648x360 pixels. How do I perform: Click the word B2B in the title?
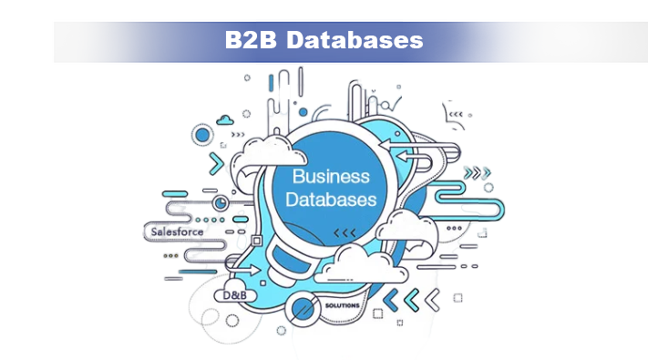point(248,40)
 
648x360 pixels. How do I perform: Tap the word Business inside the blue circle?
point(330,176)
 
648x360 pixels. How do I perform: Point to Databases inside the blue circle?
point(330,198)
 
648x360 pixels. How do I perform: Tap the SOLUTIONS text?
point(343,304)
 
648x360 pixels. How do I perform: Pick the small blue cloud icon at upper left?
point(223,118)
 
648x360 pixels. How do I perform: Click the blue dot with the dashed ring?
point(202,136)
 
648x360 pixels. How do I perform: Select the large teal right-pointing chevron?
point(217,164)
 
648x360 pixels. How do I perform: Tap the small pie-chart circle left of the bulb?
point(222,201)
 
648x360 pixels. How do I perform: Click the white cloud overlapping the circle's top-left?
point(257,154)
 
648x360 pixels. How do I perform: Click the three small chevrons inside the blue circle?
point(345,233)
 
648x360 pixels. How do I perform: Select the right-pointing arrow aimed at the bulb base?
point(250,271)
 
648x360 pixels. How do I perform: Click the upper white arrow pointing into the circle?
point(394,144)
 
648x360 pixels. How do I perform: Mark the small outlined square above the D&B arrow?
point(257,241)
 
